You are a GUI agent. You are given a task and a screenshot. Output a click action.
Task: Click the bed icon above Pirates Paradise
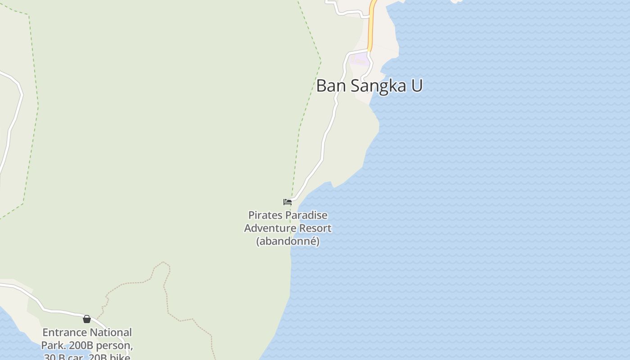(x=288, y=202)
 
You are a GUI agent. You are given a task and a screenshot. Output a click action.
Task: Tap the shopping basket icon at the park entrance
(x=87, y=319)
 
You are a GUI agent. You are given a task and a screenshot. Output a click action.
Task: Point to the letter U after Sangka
(x=417, y=85)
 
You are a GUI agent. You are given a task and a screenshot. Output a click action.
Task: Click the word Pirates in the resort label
(x=265, y=215)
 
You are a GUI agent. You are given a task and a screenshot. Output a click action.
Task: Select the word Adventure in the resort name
(x=270, y=228)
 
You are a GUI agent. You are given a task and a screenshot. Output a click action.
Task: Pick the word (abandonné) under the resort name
(x=288, y=241)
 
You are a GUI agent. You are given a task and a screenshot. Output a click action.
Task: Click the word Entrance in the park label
(x=64, y=333)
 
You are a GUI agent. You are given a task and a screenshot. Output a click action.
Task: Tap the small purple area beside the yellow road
(x=359, y=58)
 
